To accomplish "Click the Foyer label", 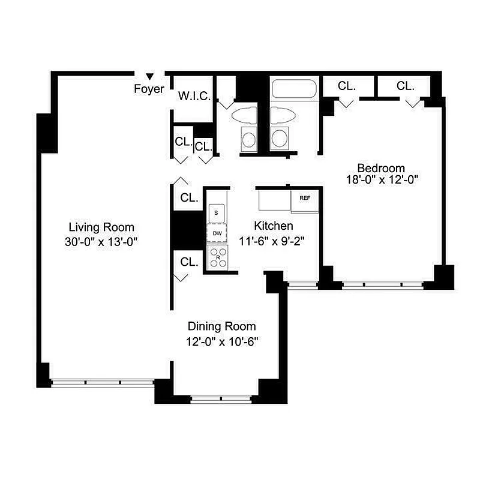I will point(149,89).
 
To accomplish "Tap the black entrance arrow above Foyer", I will point(150,76).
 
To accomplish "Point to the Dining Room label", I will point(221,326).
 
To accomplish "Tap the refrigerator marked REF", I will point(305,198).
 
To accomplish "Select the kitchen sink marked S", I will point(216,212).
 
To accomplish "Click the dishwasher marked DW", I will point(217,233).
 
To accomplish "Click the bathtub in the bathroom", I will point(295,90).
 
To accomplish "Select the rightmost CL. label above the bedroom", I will point(406,86).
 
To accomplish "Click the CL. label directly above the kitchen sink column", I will point(189,198).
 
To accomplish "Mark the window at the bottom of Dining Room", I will point(221,398).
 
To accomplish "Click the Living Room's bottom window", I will point(103,382).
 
